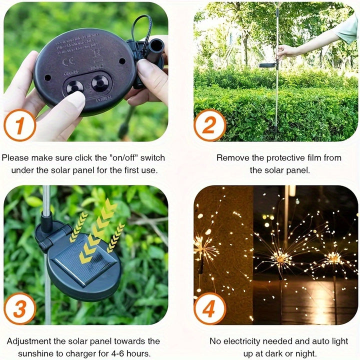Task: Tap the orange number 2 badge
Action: pyautogui.click(x=210, y=125)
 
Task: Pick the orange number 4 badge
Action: pyautogui.click(x=210, y=308)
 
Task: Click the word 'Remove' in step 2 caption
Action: pyautogui.click(x=231, y=158)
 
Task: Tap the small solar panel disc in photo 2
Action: pyautogui.click(x=268, y=65)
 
